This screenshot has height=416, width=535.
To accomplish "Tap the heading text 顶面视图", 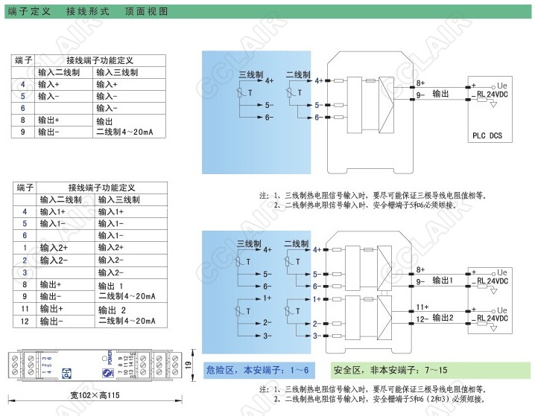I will click(147, 12).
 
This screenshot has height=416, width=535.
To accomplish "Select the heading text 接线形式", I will click(88, 12).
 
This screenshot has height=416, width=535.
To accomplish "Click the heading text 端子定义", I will click(31, 12).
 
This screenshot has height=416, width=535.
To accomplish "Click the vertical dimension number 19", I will click(189, 365).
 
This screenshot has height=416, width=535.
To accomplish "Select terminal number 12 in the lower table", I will click(25, 320).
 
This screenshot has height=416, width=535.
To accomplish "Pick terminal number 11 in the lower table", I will click(25, 308).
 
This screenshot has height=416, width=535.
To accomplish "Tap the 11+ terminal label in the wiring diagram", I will click(422, 306).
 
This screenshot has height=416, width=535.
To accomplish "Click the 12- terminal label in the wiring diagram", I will click(422, 319).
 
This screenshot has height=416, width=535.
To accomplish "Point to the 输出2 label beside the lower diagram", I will click(444, 318).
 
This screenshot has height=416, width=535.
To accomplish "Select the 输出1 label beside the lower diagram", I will click(444, 281).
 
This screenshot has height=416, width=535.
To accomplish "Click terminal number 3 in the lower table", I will click(25, 272).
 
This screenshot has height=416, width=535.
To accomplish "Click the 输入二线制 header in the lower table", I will click(60, 200).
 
